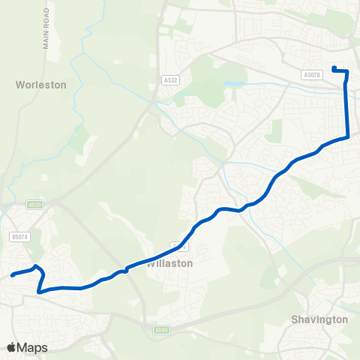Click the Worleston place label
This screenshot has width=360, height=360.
pyautogui.click(x=40, y=85)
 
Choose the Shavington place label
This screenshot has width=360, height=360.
pyautogui.click(x=319, y=319)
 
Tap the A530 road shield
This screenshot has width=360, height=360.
pyautogui.click(x=34, y=203)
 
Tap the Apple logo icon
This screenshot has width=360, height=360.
pyautogui.click(x=12, y=347)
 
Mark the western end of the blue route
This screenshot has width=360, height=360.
pyautogui.click(x=13, y=275)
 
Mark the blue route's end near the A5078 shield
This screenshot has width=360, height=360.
pyautogui.click(x=334, y=69)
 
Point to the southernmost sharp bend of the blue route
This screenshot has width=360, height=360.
pyautogui.click(x=39, y=291)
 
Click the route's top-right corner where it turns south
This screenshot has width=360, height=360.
pyautogui.click(x=346, y=71)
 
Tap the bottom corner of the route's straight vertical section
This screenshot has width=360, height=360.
pyautogui.click(x=348, y=137)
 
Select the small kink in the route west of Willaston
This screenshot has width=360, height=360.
pyautogui.click(x=127, y=271)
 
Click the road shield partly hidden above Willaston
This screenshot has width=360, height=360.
pyautogui.click(x=177, y=245)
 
